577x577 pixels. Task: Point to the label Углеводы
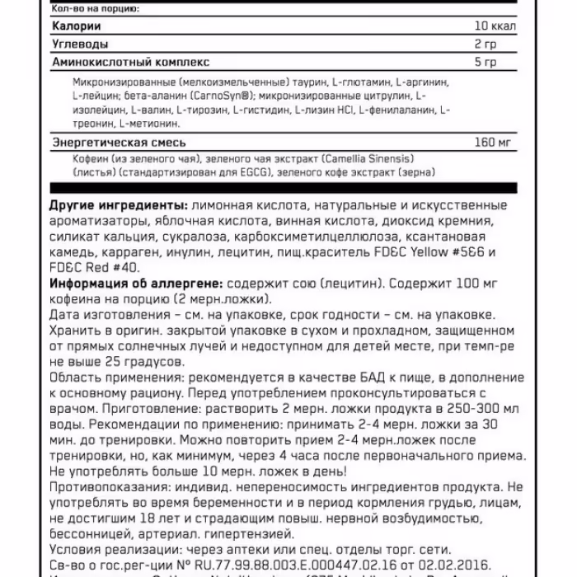tap(79, 43)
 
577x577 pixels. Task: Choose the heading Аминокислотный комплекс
tap(130, 61)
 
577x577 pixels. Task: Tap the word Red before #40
tap(94, 267)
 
